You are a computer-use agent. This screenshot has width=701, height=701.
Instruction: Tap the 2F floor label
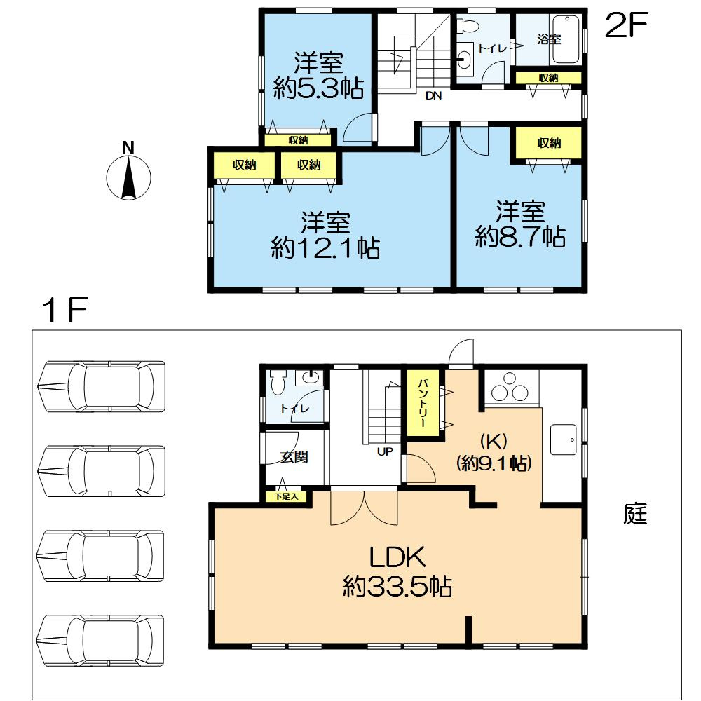[626, 25]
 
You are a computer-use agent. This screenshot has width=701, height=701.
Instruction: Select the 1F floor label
[64, 310]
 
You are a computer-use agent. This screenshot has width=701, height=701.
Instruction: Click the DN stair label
[433, 95]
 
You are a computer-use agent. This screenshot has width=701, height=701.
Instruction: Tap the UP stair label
[384, 451]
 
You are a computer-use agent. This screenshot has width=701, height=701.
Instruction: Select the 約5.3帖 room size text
[318, 88]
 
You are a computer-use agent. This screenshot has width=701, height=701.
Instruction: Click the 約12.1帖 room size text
[325, 247]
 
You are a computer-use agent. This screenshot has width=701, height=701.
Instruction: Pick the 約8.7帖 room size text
[520, 236]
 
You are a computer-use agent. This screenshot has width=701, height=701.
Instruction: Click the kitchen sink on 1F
[564, 440]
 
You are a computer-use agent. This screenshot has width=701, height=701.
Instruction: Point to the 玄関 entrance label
[294, 457]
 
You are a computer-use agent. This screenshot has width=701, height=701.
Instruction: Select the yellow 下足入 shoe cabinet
[286, 496]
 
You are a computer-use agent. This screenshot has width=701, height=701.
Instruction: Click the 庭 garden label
[635, 513]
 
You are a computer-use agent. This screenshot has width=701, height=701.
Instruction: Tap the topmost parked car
[102, 386]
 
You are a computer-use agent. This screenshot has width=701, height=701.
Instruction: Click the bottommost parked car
[100, 641]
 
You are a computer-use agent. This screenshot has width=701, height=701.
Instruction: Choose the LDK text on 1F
[397, 557]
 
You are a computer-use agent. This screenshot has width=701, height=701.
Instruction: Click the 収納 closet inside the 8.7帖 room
[549, 143]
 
